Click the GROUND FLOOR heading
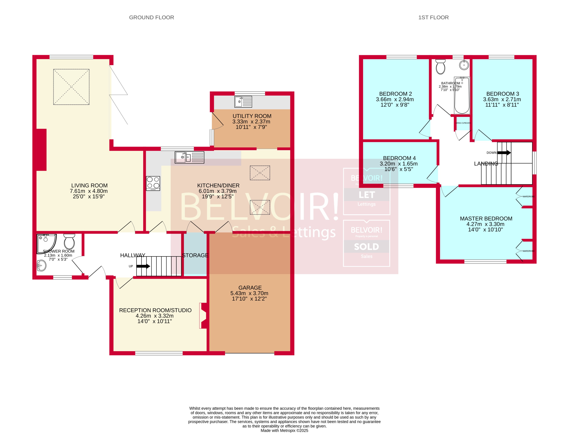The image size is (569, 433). (x=151, y=18)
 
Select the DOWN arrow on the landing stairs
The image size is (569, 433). (x=504, y=153)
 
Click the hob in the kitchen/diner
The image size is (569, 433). (x=153, y=183)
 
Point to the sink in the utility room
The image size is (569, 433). (x=243, y=102)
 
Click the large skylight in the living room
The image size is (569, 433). (x=71, y=87)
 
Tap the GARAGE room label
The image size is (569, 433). (x=250, y=288)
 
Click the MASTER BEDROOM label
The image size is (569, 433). (x=486, y=219)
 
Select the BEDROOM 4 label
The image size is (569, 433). (x=399, y=158)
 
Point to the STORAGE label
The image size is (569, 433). (x=195, y=255)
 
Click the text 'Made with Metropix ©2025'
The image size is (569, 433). (x=284, y=430)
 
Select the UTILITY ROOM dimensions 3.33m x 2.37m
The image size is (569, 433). (x=251, y=122)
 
